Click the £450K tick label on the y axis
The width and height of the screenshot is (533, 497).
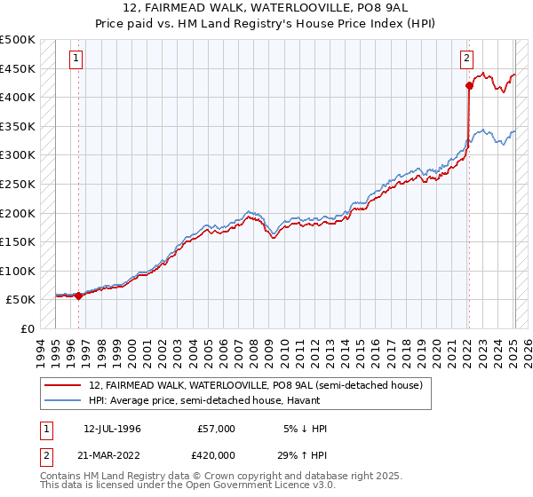pos(18,68)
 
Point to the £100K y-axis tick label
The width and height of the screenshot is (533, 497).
pos(18,271)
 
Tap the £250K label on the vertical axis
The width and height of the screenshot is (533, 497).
pos(18,184)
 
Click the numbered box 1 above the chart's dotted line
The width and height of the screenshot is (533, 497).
pos(77,59)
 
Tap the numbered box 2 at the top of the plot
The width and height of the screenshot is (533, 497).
pos(466,59)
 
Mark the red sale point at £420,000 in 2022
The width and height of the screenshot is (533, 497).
pos(469,86)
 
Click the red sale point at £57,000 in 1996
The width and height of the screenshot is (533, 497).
pos(78,296)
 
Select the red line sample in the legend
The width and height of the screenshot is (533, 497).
pos(63,385)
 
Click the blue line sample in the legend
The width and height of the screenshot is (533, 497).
pos(63,400)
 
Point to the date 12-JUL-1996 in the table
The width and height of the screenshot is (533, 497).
pos(112,429)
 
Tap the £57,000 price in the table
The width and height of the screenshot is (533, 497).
pos(218,429)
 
